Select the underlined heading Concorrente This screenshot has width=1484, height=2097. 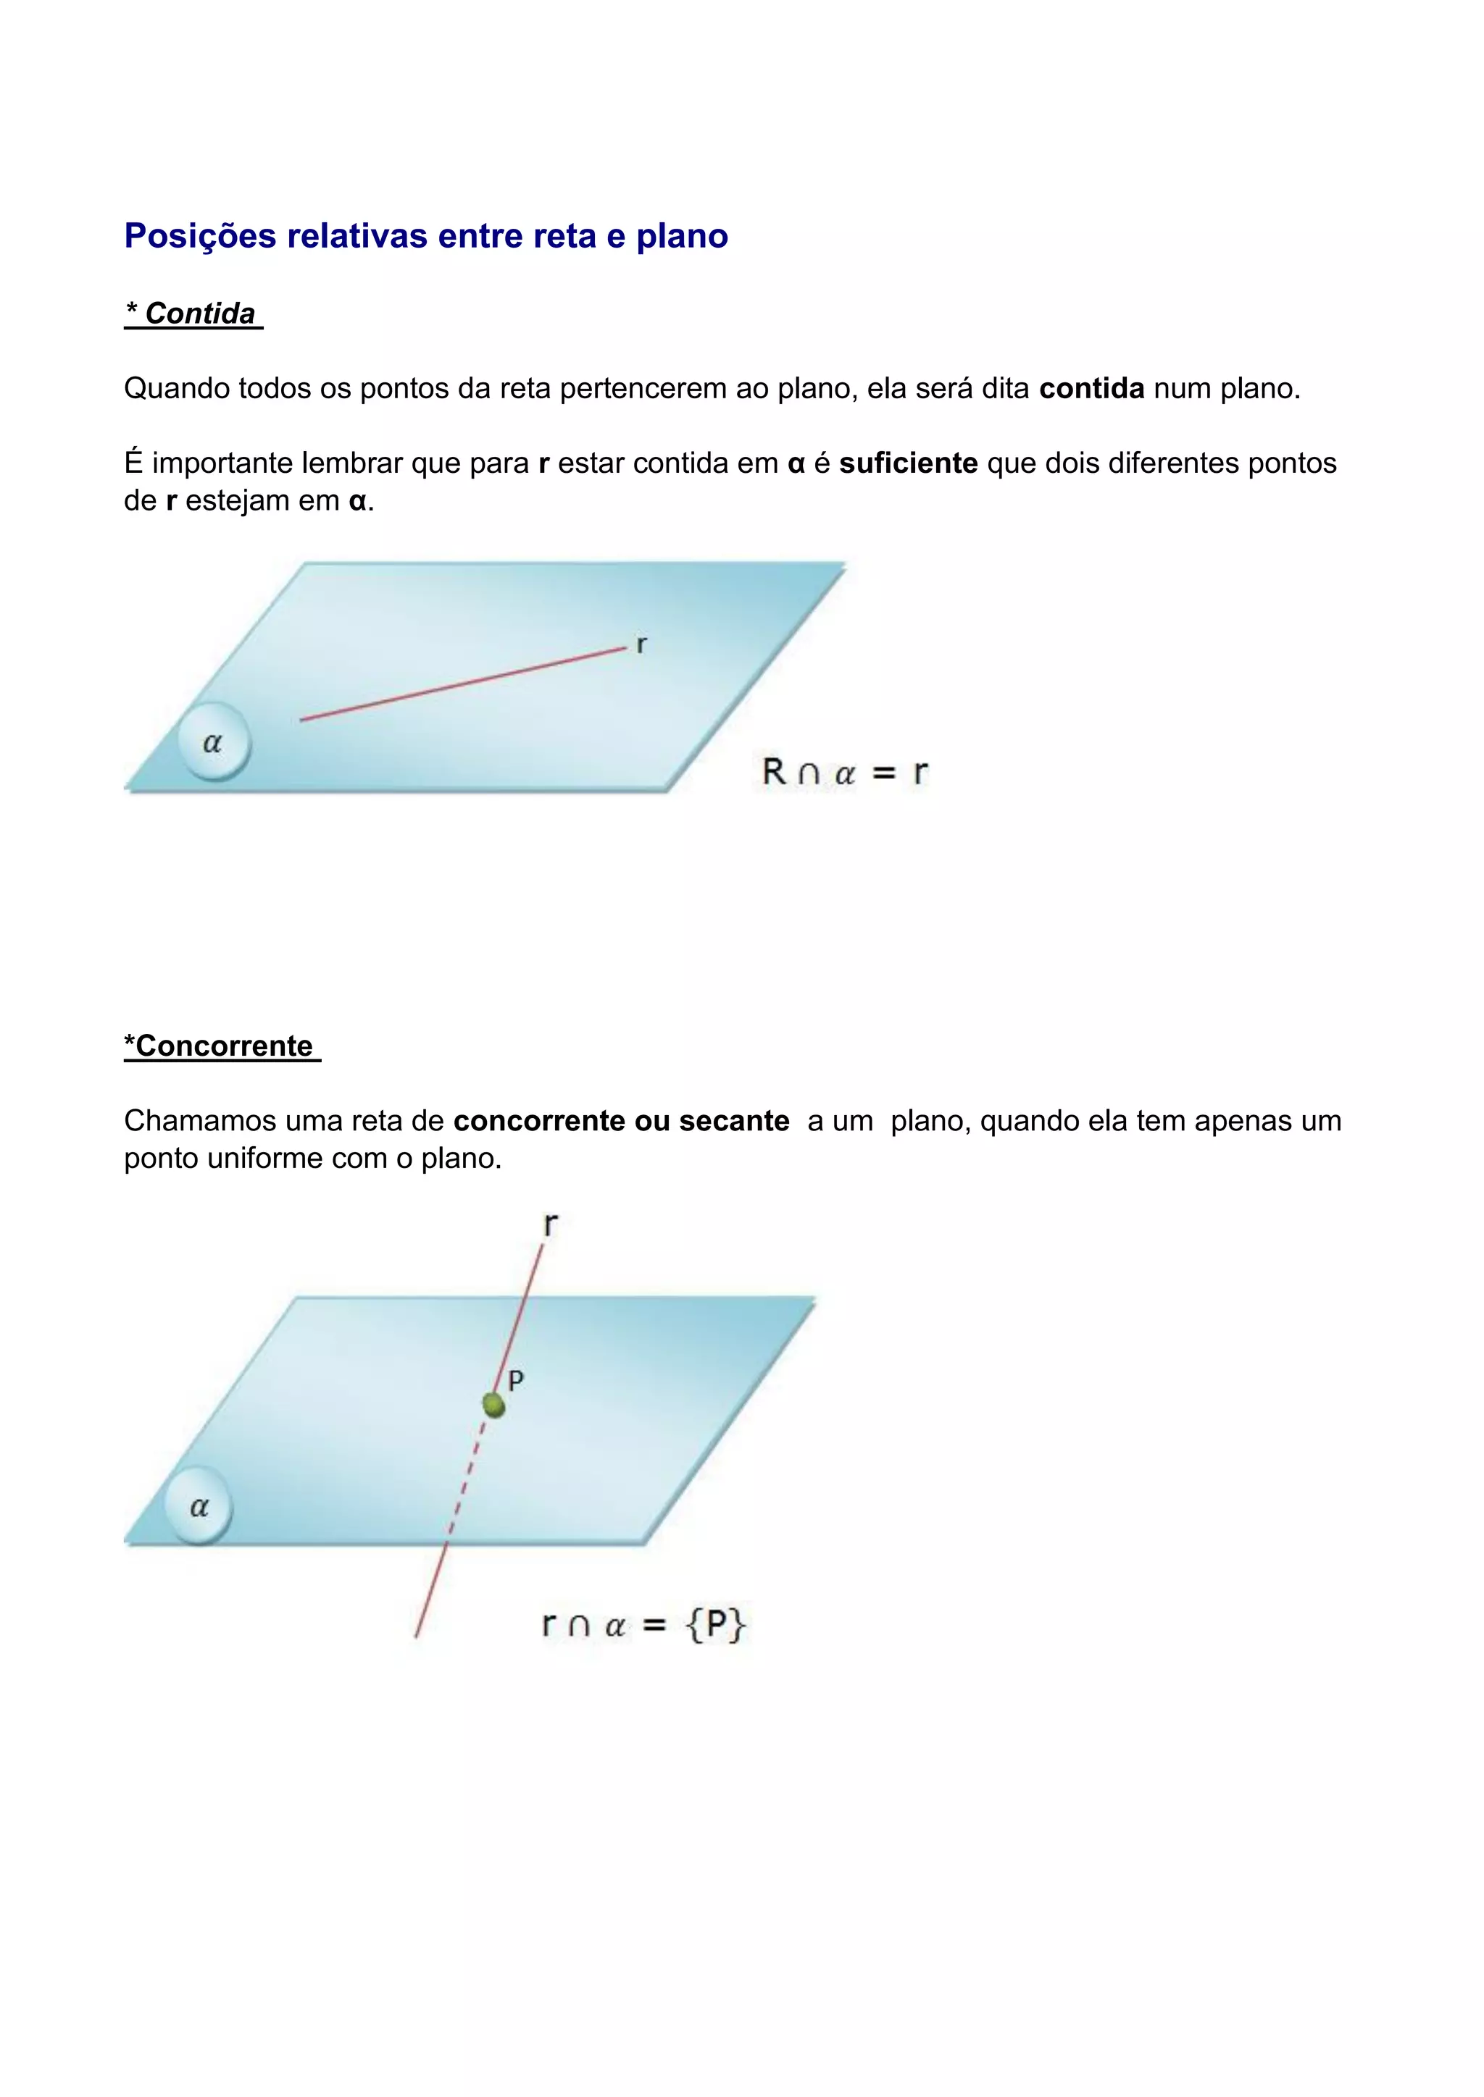(x=224, y=1046)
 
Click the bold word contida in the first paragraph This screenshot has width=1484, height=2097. (x=1091, y=388)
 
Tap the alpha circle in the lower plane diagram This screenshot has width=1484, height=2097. (x=199, y=1506)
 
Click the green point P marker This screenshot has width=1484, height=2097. (x=493, y=1405)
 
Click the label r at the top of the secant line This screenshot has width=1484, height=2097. (x=549, y=1224)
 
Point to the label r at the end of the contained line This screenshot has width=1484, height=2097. (x=641, y=644)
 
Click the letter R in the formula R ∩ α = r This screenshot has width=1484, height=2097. (x=773, y=772)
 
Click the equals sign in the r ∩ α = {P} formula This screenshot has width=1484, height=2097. (x=654, y=1626)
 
